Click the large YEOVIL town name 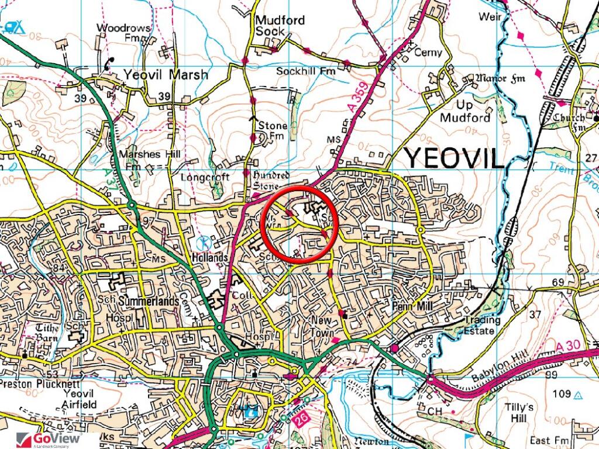(x=455, y=158)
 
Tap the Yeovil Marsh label (x=165, y=75)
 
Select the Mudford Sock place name (x=280, y=26)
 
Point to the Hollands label (x=208, y=258)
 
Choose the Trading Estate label (x=482, y=326)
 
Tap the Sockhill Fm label (x=304, y=71)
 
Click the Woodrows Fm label (x=123, y=33)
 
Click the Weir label (x=490, y=16)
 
